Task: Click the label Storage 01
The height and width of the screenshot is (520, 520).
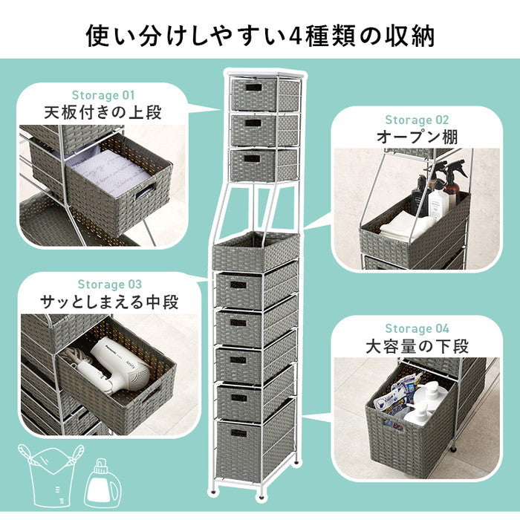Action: click(103, 95)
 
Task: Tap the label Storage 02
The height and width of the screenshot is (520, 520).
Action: click(417, 120)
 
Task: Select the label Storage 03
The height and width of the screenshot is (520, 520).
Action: click(110, 284)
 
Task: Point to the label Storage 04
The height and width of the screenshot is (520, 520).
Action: click(417, 328)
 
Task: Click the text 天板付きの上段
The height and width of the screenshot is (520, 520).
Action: click(103, 114)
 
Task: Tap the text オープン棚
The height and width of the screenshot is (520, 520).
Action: click(417, 137)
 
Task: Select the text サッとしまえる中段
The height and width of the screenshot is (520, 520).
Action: click(110, 302)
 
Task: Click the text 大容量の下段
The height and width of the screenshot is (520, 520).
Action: click(417, 347)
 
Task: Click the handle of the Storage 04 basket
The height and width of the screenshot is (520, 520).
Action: click(392, 425)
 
